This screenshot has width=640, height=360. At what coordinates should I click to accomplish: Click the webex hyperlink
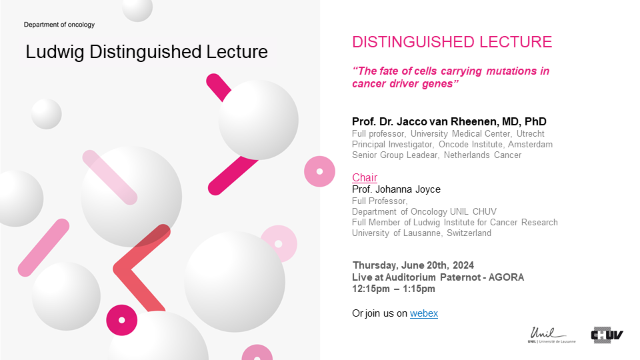click(424, 313)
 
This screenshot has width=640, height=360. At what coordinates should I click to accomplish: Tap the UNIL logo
click(551, 335)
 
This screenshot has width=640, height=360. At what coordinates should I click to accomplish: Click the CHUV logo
click(607, 335)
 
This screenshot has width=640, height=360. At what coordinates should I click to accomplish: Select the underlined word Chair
click(365, 177)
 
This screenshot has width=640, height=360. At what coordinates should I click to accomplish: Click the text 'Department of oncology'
click(59, 25)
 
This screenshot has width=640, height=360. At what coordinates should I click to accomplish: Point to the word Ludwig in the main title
click(55, 53)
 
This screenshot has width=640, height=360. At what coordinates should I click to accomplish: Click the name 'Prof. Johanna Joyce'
click(396, 189)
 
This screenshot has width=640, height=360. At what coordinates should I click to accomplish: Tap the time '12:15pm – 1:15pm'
click(393, 289)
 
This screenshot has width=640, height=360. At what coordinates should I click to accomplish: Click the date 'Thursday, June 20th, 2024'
click(413, 265)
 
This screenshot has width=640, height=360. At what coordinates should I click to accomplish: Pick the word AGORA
click(506, 277)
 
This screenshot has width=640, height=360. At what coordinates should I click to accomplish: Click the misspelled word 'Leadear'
click(423, 155)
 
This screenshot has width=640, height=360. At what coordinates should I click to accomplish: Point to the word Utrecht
click(530, 134)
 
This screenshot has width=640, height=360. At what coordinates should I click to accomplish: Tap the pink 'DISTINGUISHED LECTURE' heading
click(452, 42)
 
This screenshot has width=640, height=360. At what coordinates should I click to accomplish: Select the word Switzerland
click(469, 233)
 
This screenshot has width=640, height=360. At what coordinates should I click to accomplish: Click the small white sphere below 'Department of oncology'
click(46, 114)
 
